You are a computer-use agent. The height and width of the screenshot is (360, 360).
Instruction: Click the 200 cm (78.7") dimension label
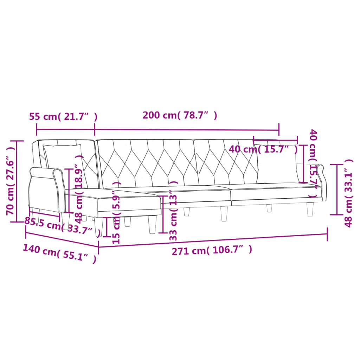click(180, 115)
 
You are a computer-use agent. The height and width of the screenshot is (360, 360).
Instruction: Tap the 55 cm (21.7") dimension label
click(63, 116)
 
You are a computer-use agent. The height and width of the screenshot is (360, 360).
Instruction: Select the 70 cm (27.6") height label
click(11, 181)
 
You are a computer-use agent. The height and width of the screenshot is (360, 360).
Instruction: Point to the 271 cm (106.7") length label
click(212, 250)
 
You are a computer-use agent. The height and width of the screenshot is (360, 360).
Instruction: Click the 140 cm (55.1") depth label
click(59, 253)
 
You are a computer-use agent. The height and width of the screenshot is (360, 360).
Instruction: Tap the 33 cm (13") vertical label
click(173, 211)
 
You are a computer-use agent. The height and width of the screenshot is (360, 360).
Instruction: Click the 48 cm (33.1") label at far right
click(348, 193)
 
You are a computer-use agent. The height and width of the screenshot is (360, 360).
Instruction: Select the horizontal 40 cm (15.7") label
click(263, 149)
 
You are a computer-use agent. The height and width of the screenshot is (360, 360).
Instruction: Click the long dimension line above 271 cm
click(213, 239)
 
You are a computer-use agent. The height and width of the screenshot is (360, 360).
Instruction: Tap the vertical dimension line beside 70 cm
click(16, 181)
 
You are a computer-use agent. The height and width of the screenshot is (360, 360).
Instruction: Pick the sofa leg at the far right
click(310, 210)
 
